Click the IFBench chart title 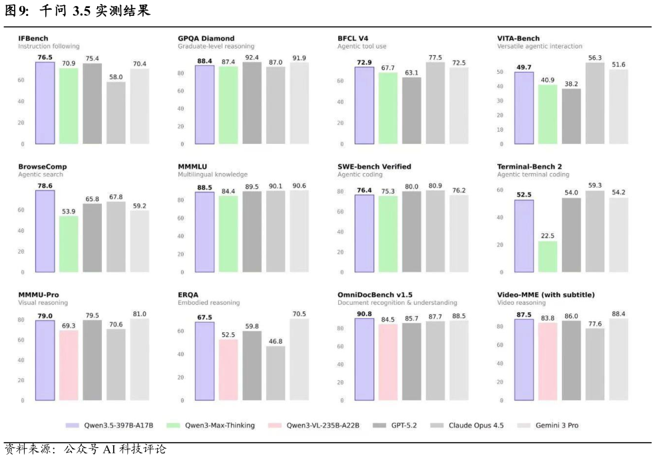33,39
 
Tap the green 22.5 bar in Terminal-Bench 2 548,256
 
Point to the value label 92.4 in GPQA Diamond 252,58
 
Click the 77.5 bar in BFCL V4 435,103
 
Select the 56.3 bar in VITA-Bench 595,103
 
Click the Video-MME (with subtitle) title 546,295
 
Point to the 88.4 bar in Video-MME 618,359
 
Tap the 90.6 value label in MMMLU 300,186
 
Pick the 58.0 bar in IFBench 116,113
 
